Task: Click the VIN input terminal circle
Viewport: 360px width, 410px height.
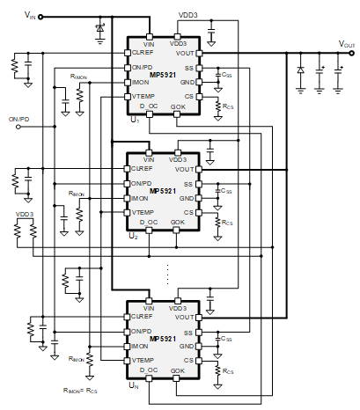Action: [x=40, y=17]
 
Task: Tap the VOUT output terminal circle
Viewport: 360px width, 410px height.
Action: [x=351, y=53]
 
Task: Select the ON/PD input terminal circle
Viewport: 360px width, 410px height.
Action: [x=18, y=127]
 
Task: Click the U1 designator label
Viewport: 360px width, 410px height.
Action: [x=135, y=120]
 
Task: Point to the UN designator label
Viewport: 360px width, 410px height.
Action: [x=134, y=385]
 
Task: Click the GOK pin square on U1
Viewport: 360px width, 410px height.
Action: [x=177, y=114]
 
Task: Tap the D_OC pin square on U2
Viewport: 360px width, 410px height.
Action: [x=149, y=231]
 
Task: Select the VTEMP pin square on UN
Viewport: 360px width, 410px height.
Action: [x=127, y=361]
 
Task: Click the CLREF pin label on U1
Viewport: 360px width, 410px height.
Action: [x=143, y=53]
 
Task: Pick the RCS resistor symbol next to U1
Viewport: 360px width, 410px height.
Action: [x=218, y=106]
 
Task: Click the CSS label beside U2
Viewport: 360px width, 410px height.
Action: [x=226, y=191]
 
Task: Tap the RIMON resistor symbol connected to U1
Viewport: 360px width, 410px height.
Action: [x=80, y=95]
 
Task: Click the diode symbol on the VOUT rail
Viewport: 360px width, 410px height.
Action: [x=300, y=70]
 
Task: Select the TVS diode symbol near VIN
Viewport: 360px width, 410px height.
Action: [x=100, y=28]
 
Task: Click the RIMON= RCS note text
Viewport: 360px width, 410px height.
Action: [x=80, y=391]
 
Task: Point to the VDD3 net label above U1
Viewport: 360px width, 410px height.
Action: [x=187, y=15]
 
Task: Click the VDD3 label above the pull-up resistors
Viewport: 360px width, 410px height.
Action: [x=25, y=215]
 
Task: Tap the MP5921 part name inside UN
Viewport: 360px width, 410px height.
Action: [x=163, y=339]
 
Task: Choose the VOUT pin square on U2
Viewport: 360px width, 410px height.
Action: [x=199, y=169]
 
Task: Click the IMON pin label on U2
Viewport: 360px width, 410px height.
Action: [x=140, y=199]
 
